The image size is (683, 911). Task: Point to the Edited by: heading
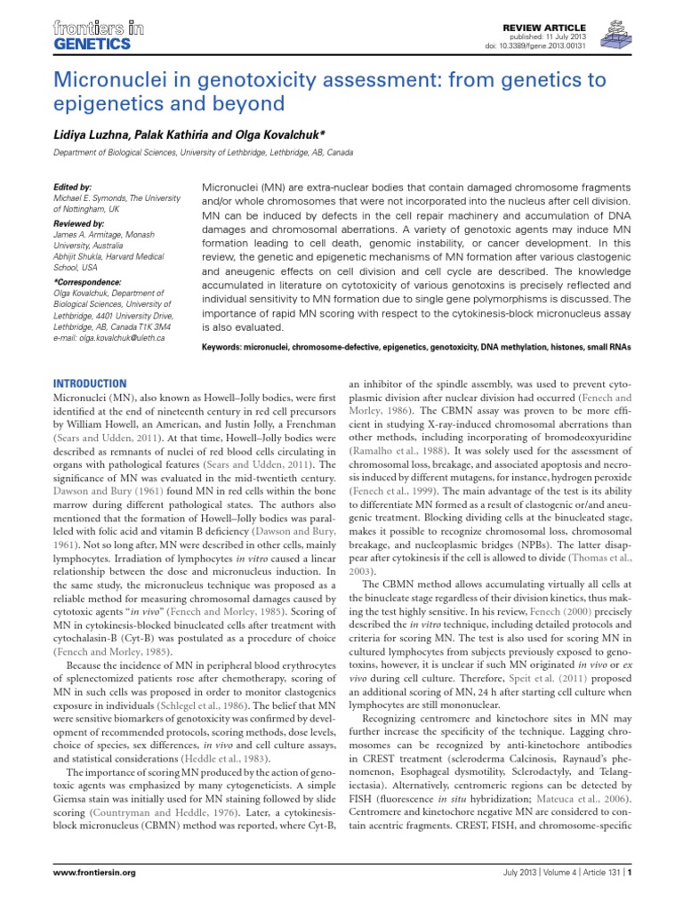point(74,188)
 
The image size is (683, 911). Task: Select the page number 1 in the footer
point(630,873)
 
